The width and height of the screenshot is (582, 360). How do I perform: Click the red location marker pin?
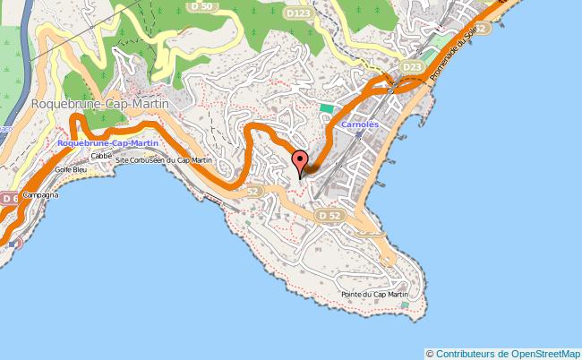pos(299,162)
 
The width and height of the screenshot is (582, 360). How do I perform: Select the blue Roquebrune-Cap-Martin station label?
pos(107,143)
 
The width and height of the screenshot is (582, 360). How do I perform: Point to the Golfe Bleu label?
pos(69,169)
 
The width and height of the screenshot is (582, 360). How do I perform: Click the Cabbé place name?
pos(100,155)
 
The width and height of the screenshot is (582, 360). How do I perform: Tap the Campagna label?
pos(40,194)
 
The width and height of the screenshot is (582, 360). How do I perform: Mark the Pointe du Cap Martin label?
pos(374,295)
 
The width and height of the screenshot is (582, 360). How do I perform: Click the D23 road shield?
pos(412,67)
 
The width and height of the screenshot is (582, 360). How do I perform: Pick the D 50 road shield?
pos(201,7)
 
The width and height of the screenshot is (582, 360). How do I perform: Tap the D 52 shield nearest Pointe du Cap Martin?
pos(330,216)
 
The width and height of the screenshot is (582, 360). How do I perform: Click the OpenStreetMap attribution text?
pos(502,353)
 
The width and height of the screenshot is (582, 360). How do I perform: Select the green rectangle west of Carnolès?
pos(326,109)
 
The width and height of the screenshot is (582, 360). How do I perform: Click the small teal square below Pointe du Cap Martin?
pos(405,305)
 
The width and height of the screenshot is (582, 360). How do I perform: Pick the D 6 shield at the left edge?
pos(7,197)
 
